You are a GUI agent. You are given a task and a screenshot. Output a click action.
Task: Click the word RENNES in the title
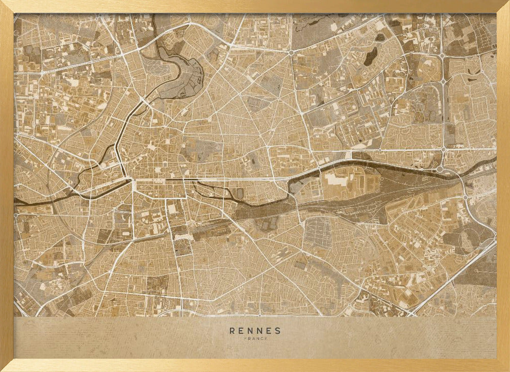255,330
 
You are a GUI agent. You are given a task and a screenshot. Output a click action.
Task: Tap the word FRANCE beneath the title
255,339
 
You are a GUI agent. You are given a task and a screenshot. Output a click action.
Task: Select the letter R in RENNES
233,330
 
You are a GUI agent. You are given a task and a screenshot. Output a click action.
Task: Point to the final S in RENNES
277,330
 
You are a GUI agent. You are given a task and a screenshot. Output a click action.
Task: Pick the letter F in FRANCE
245,339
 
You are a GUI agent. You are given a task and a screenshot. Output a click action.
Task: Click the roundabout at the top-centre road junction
291,52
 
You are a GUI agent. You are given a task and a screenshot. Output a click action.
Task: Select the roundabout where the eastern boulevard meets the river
440,169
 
